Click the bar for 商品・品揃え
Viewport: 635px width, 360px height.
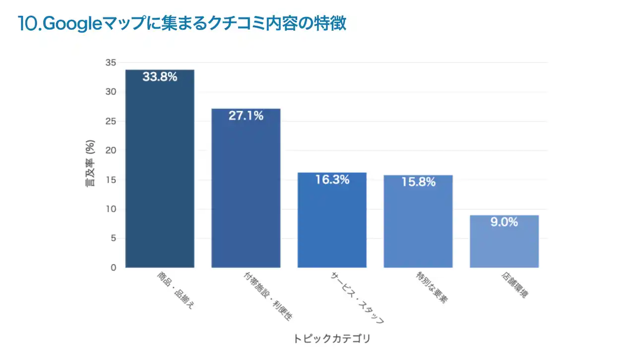(x=160, y=169)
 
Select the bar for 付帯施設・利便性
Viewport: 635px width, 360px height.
(x=246, y=188)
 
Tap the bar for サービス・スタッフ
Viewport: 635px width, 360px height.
(x=332, y=221)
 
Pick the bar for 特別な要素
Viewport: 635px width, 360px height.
(x=418, y=222)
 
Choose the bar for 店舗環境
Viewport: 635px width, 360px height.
(x=504, y=241)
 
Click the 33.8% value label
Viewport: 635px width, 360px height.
(x=160, y=77)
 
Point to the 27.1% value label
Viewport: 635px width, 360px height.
(x=246, y=116)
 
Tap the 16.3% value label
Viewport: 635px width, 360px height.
(x=332, y=180)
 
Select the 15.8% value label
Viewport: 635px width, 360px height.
(x=418, y=182)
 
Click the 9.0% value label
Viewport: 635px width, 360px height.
(x=504, y=223)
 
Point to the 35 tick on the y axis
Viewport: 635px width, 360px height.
(x=111, y=62)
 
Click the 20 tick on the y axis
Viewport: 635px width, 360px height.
(x=111, y=150)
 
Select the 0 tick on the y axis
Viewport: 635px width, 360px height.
(x=113, y=268)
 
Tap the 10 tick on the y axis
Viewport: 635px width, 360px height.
(x=111, y=209)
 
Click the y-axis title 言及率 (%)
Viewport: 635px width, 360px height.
(x=91, y=164)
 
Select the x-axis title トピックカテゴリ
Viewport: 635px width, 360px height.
(x=331, y=339)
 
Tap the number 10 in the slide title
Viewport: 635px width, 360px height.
(x=26, y=23)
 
